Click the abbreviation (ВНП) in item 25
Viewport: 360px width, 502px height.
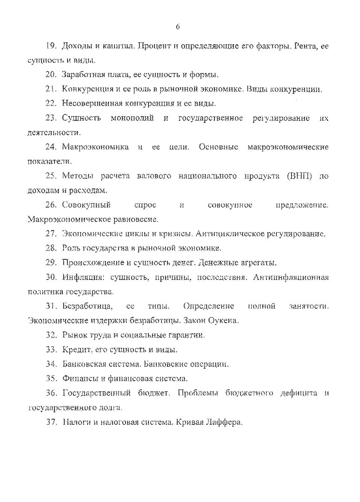click(296, 176)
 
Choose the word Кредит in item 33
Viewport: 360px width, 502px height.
click(74, 349)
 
